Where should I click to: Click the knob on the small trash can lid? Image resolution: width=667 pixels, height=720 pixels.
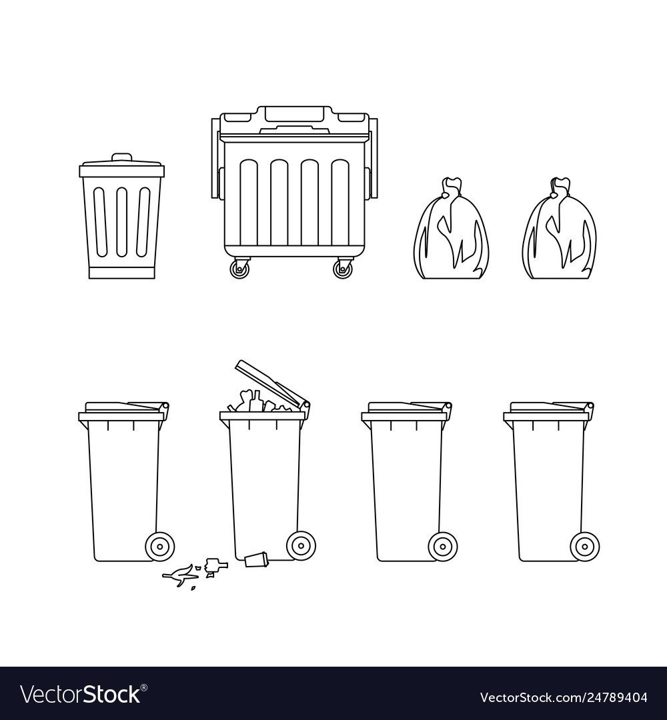click(122, 157)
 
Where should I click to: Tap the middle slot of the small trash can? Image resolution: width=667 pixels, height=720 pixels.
click(122, 222)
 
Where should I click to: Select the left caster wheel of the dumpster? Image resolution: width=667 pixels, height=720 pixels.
click(240, 268)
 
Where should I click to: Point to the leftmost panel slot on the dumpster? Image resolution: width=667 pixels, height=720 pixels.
click(249, 203)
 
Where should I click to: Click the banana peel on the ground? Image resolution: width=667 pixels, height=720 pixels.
click(176, 573)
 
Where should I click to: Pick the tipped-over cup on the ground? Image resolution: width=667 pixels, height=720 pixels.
click(256, 559)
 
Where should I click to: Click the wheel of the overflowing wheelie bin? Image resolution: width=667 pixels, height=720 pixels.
click(301, 546)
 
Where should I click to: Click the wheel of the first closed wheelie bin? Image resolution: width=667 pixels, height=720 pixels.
click(160, 546)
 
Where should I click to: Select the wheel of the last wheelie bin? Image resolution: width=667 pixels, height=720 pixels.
click(585, 547)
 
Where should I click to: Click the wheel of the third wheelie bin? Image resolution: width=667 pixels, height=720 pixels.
click(443, 547)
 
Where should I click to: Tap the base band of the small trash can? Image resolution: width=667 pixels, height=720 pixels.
click(122, 273)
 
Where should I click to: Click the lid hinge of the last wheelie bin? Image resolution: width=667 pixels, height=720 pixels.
click(588, 407)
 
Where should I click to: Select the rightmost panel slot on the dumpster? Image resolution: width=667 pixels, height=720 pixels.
click(340, 203)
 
